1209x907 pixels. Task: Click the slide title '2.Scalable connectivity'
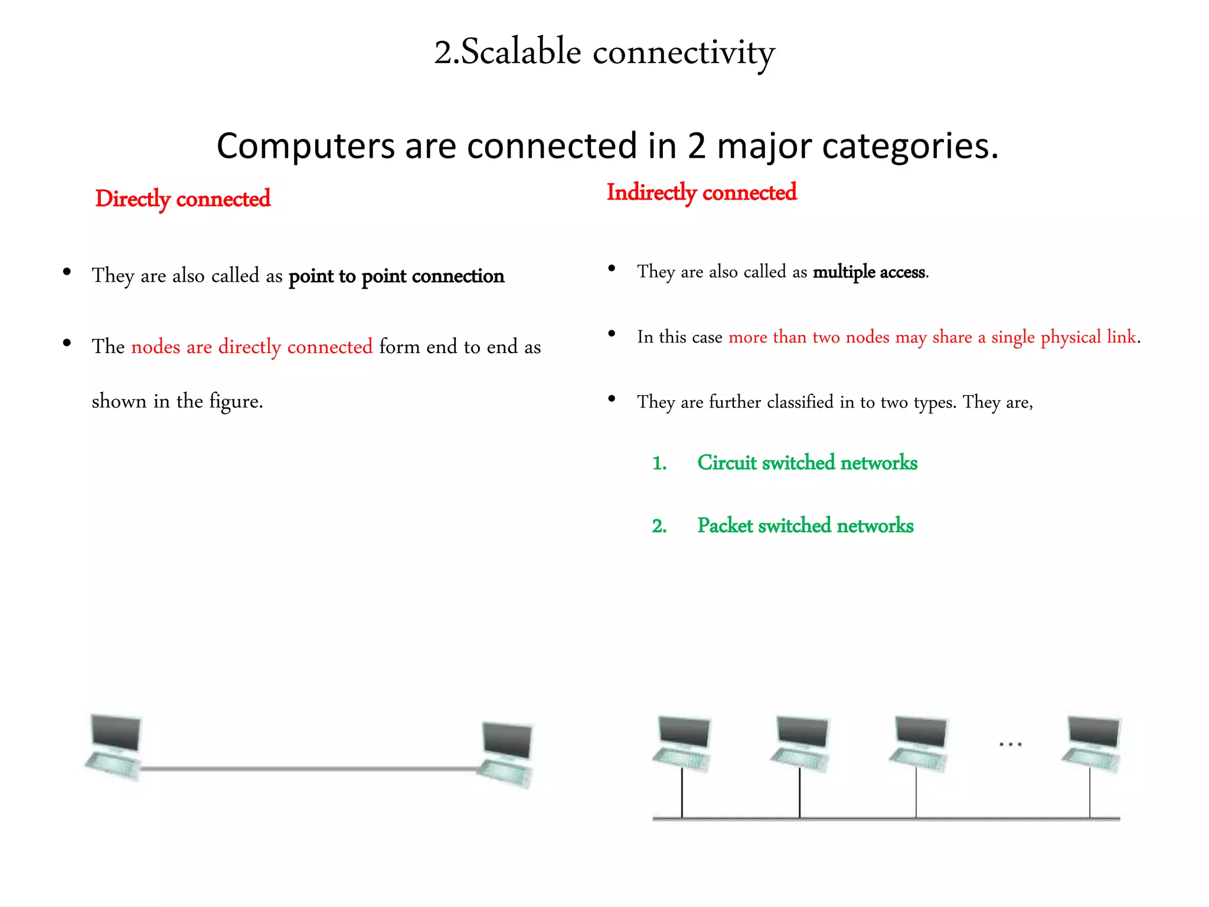(604, 53)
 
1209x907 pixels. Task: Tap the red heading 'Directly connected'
(182, 199)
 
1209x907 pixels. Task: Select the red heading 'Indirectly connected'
(701, 193)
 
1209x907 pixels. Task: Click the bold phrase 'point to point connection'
(396, 276)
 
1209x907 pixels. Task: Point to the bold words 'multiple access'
(868, 272)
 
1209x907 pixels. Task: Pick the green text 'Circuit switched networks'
(807, 463)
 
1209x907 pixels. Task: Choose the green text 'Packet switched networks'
(805, 526)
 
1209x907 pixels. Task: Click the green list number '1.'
(659, 464)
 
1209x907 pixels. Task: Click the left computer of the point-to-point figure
(115, 747)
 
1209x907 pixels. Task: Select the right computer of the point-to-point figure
(506, 754)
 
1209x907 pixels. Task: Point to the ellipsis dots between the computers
(1010, 745)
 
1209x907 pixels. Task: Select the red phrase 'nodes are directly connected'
(251, 347)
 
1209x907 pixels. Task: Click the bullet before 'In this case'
(612, 334)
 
